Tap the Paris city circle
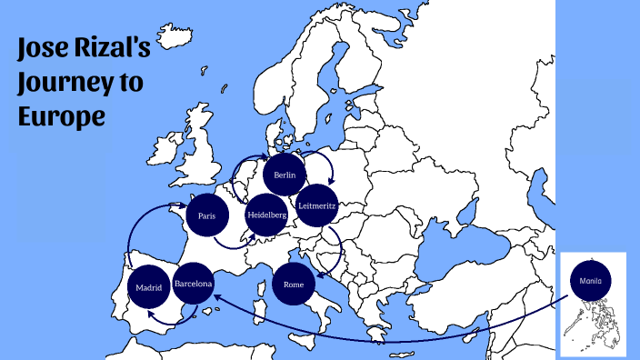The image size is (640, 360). tap(206, 216)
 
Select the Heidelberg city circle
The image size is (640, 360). tap(266, 215)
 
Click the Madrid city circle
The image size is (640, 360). tap(148, 289)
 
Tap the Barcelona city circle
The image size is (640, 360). tap(194, 284)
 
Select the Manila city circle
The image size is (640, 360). tap(590, 281)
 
